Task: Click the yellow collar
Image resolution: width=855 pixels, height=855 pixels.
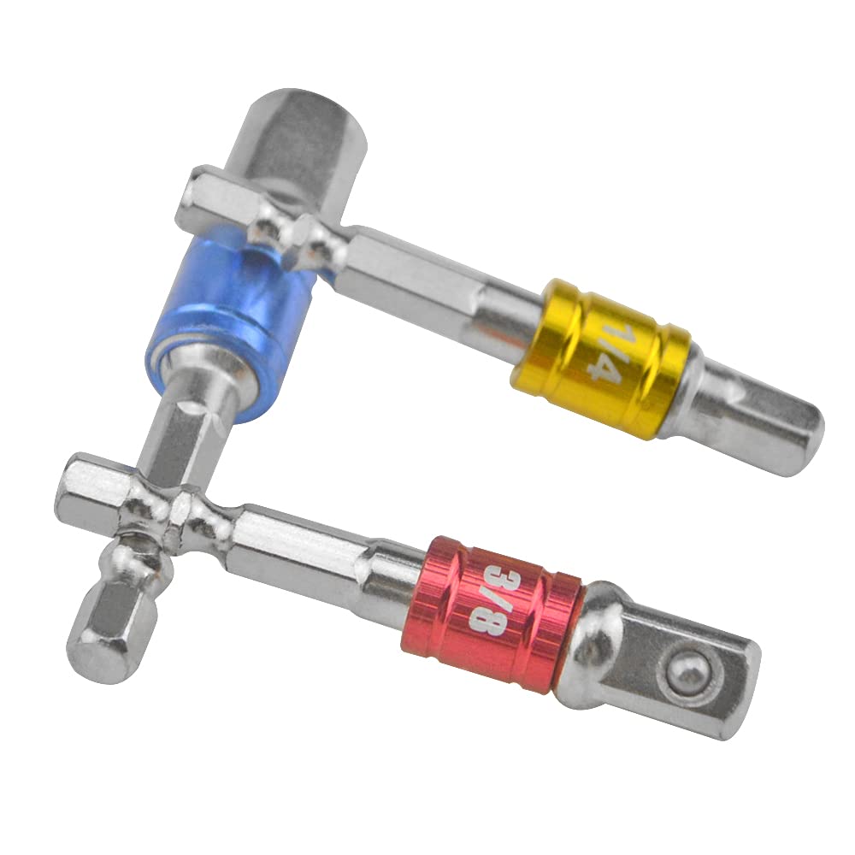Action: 601,359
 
